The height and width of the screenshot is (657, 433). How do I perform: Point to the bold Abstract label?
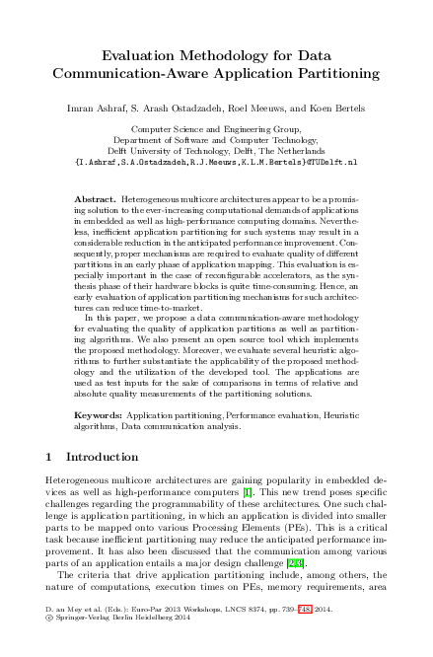[x=95, y=199]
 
